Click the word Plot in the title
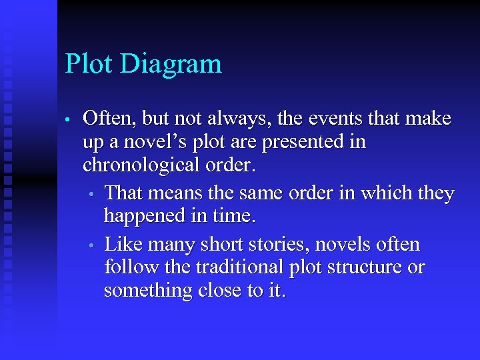pyautogui.click(x=87, y=64)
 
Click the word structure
pyautogui.click(x=375, y=267)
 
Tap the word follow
pyautogui.click(x=126, y=267)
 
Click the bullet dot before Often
pyautogui.click(x=68, y=121)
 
